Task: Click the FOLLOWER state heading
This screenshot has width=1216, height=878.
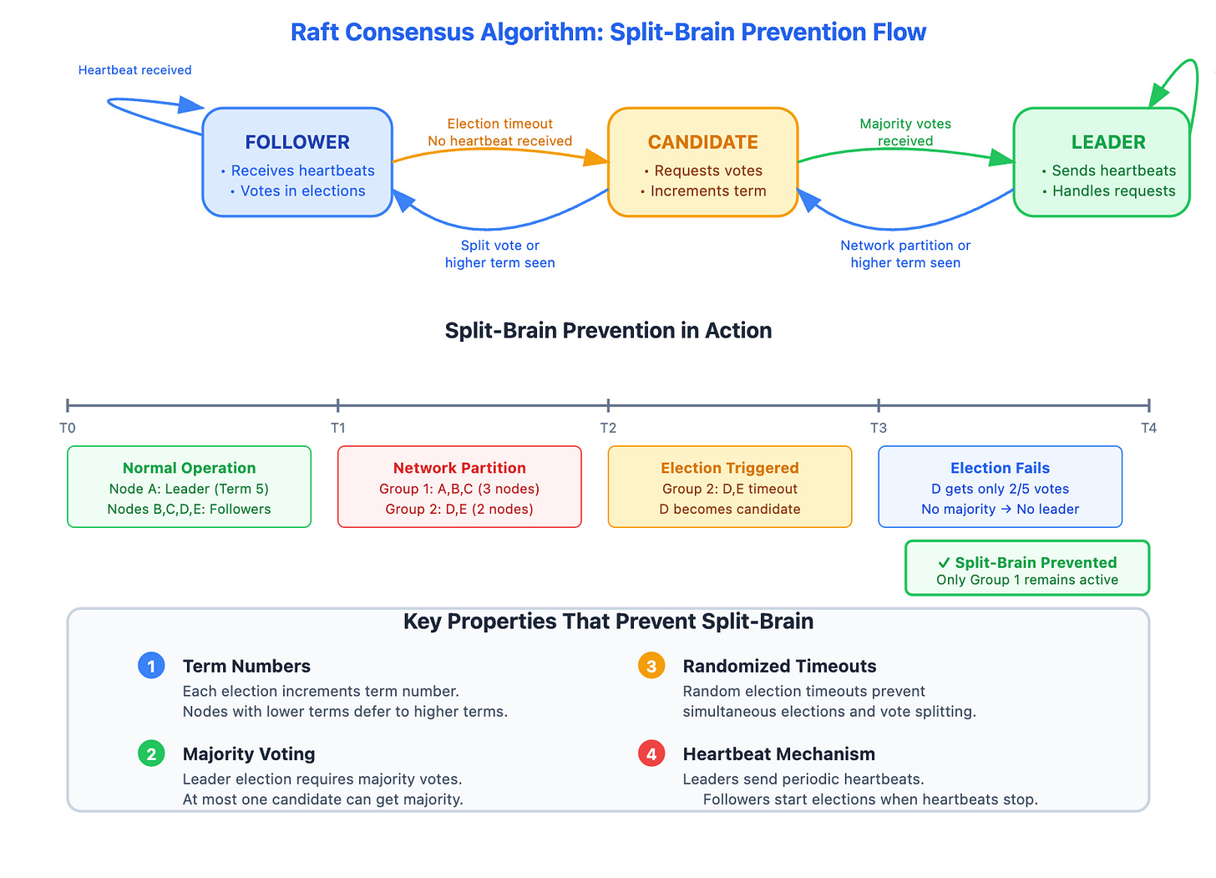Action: coord(297,142)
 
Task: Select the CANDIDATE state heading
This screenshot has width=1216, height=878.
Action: coord(702,142)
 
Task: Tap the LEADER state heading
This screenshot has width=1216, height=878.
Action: coord(1108,142)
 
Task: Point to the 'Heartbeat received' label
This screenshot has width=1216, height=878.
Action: coord(134,70)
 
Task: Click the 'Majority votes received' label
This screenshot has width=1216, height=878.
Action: coord(905,132)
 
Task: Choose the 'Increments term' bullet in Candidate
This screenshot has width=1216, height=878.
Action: coord(707,191)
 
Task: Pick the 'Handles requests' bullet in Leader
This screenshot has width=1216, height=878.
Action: coord(1113,191)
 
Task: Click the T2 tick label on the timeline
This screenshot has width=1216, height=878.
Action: coord(608,428)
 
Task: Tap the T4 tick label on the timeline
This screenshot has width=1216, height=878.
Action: coord(1148,428)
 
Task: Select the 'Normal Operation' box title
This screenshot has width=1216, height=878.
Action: coord(189,468)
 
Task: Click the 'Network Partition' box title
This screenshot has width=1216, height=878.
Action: coord(459,468)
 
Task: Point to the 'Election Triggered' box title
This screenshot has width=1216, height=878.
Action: coord(729,468)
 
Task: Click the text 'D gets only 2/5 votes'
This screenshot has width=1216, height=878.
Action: coord(1000,489)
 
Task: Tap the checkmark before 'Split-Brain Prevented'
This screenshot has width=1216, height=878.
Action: coord(944,563)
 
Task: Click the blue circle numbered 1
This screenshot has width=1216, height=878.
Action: coord(151,666)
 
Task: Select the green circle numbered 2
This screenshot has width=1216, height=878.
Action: coord(151,754)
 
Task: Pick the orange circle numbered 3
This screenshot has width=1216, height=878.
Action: coord(651,666)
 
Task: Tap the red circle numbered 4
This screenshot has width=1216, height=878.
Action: coord(651,754)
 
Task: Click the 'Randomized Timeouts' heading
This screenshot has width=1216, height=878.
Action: coord(779,666)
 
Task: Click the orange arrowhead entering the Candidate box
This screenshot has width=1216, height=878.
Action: coord(596,158)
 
